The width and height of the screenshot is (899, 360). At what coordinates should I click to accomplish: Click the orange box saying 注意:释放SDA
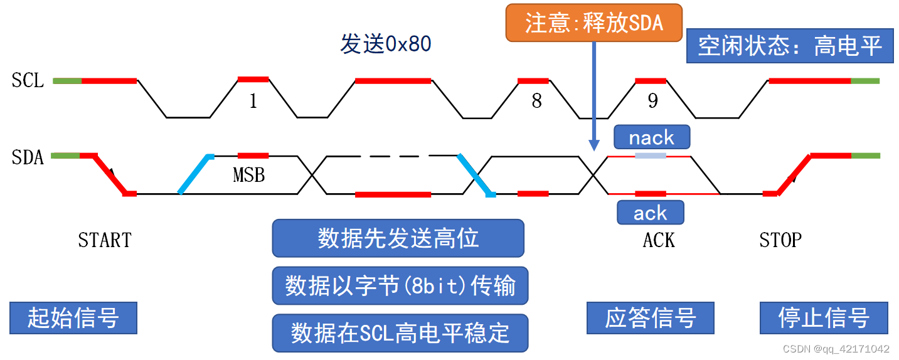(593, 23)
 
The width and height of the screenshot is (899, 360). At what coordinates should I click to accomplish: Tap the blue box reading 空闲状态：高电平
(789, 46)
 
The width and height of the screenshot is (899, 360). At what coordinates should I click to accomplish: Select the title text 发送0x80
(385, 45)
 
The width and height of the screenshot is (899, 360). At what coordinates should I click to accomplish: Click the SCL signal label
(28, 81)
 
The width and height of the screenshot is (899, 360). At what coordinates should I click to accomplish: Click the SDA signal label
(28, 157)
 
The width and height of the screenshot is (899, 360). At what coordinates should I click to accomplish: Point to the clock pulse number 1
(253, 102)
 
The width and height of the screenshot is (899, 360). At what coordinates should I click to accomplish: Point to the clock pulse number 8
(536, 102)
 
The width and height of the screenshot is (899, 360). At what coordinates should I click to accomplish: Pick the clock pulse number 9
(652, 102)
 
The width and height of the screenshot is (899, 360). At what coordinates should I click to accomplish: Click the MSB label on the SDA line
(249, 176)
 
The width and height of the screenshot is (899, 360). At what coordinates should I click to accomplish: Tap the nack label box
(651, 137)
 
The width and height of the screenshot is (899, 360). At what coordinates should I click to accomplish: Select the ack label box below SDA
(650, 213)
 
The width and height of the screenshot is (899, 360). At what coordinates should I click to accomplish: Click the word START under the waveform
(105, 240)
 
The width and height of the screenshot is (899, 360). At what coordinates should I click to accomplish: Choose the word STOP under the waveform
(780, 240)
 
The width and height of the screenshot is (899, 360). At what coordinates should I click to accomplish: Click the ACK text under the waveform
(659, 240)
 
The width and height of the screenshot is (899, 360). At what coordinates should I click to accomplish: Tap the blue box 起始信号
(73, 318)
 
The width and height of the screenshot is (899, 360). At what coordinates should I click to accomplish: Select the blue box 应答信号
(651, 318)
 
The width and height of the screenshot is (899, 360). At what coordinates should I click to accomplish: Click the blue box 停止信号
(824, 318)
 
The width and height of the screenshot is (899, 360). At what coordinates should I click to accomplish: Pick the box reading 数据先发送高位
(398, 238)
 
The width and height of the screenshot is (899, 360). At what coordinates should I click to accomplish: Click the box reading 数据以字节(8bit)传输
(400, 286)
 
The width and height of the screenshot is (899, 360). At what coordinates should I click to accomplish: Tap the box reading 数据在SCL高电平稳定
(400, 333)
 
